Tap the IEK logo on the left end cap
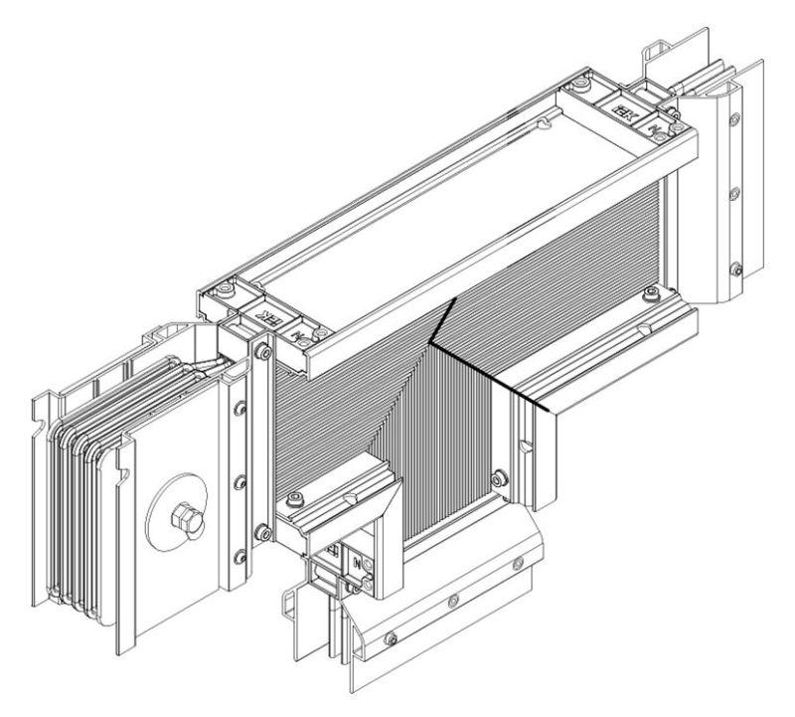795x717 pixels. point(267,319)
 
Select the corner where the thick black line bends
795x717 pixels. point(430,341)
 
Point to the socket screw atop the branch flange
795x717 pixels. point(296,497)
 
